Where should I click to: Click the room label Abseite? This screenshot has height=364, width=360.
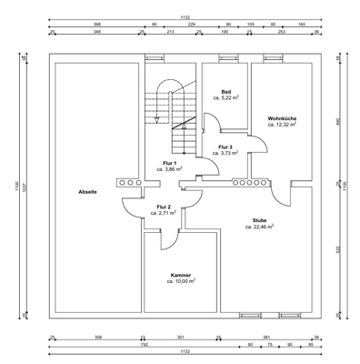87,192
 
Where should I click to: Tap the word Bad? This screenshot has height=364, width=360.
226,92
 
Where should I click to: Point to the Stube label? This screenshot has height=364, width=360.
259,220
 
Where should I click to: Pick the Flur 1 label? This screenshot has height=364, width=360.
169,162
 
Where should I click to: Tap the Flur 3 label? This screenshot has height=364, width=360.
226,147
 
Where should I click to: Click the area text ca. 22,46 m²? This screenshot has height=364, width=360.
259,227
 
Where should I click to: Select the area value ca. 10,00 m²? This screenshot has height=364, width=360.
180,282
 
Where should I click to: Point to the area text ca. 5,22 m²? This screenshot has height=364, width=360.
226,98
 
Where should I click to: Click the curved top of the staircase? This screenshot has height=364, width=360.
169,87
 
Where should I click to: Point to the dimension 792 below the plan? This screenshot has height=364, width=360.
145,344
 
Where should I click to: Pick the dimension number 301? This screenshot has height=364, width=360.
180,337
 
